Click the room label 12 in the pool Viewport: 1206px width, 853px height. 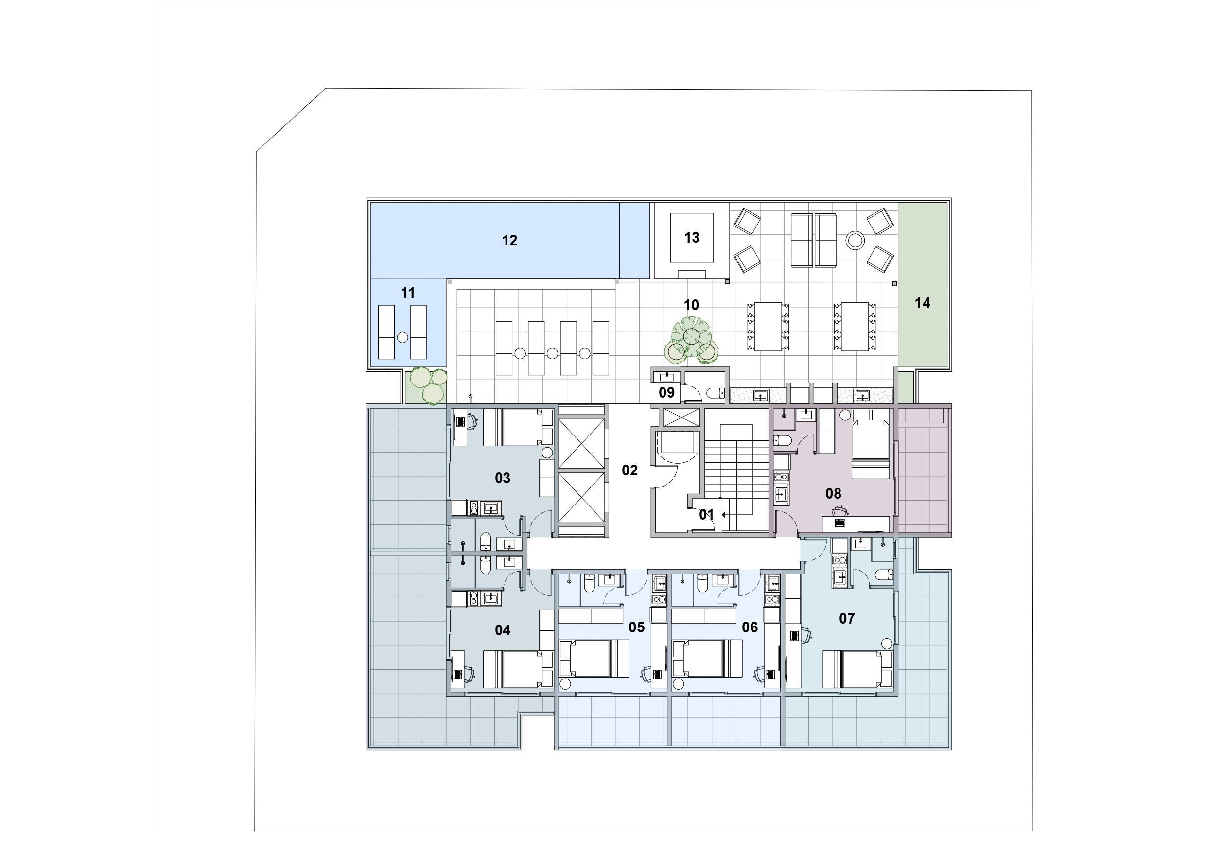click(509, 241)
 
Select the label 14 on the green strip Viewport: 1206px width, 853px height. click(922, 303)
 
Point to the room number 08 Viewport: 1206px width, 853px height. click(833, 494)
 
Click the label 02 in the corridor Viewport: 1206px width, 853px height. click(629, 470)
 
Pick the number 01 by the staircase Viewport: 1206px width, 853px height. click(706, 515)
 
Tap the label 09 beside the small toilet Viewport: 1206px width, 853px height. click(666, 392)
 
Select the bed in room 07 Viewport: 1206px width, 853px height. click(857, 669)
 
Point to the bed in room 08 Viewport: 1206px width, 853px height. click(871, 444)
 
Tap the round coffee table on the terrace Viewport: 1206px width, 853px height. click(855, 241)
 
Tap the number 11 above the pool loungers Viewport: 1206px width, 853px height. click(408, 293)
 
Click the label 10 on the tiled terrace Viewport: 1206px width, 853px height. click(691, 305)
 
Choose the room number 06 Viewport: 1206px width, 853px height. click(750, 627)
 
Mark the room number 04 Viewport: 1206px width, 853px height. click(502, 630)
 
